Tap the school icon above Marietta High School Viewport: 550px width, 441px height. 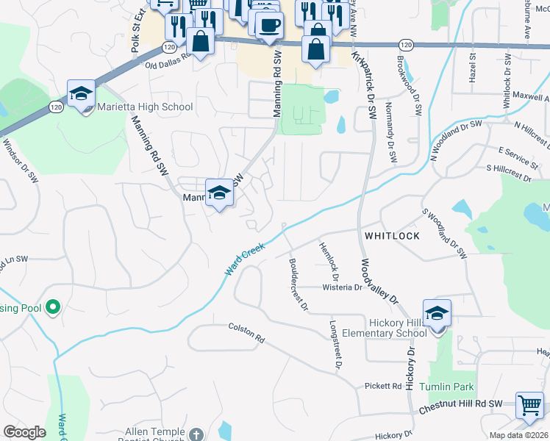pyautogui.click(x=81, y=93)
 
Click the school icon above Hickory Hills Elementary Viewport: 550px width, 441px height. pyautogui.click(x=437, y=312)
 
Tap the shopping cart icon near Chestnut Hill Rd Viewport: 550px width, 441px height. pyautogui.click(x=529, y=405)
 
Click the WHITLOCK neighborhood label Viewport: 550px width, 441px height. pyautogui.click(x=391, y=236)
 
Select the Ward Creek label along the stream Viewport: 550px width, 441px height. pyautogui.click(x=244, y=260)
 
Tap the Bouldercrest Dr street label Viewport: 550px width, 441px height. pyautogui.click(x=296, y=284)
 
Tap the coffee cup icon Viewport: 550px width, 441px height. pyautogui.click(x=269, y=25)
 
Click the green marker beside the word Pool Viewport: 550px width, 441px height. pyautogui.click(x=52, y=306)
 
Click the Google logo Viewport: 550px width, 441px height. pyautogui.click(x=24, y=432)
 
